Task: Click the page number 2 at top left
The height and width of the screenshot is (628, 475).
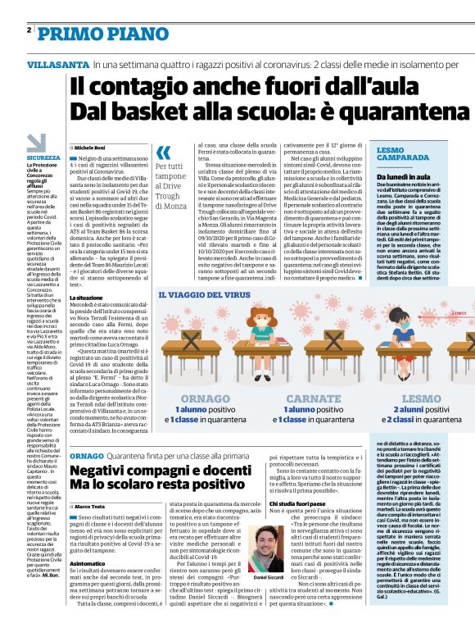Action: (29, 30)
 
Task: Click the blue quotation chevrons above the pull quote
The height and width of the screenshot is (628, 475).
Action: (164, 152)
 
